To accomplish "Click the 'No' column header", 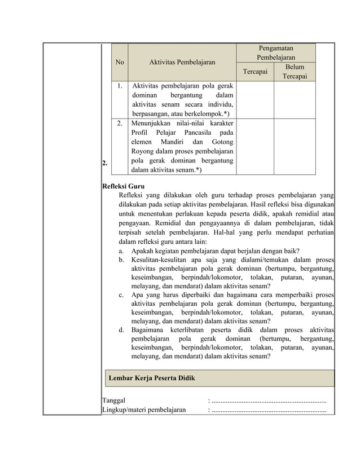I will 120,63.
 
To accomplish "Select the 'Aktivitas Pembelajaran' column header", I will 182,63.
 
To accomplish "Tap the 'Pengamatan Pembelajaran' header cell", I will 276,53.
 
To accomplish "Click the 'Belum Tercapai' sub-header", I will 295,72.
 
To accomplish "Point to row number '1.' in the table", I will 120,86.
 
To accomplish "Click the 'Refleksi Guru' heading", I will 122,186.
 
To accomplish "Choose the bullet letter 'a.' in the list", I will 122,250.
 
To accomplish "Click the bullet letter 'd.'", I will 122,329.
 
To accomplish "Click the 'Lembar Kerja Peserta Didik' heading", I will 152,378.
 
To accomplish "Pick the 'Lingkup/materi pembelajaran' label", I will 143,410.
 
